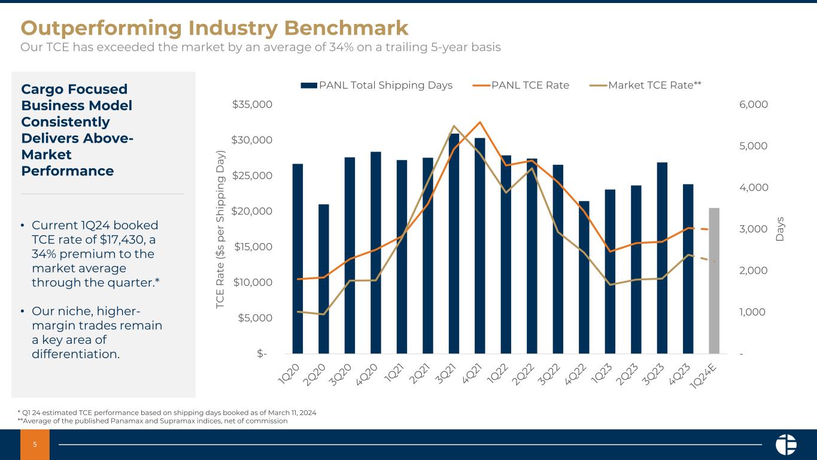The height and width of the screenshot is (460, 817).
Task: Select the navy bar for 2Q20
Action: (323, 279)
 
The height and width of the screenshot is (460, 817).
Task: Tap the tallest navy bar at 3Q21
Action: (454, 243)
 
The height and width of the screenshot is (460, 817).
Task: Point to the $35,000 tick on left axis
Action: (252, 105)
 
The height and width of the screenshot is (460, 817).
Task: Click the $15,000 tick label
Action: (252, 247)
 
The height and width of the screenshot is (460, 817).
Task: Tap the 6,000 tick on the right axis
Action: (754, 105)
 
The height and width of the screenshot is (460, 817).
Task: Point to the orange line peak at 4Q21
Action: (480, 122)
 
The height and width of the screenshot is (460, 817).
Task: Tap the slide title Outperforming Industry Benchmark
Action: (214, 28)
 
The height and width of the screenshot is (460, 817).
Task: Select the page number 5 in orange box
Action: (35, 445)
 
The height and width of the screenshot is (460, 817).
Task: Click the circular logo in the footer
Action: (785, 444)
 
